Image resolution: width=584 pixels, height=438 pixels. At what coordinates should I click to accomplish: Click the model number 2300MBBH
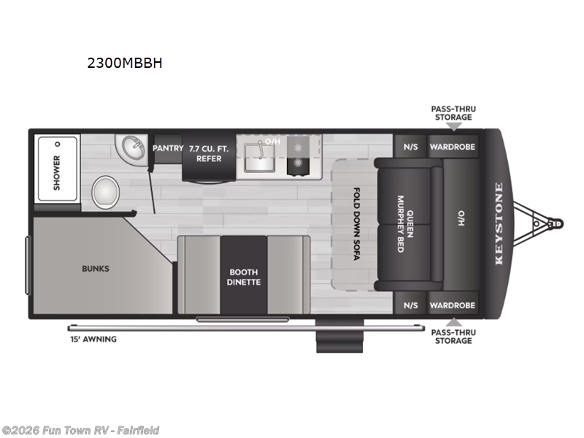tap(125, 63)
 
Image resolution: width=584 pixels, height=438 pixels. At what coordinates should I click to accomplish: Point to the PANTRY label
tap(167, 149)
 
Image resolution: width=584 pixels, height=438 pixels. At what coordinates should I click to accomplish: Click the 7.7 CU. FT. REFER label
tap(209, 153)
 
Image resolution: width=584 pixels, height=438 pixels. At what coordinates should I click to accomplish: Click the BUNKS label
tap(96, 269)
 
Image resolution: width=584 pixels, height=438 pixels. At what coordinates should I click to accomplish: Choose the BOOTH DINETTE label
tap(243, 277)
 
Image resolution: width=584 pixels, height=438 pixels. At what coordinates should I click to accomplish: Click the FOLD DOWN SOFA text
tap(356, 226)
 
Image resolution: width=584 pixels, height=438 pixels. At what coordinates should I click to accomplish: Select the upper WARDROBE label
tap(453, 147)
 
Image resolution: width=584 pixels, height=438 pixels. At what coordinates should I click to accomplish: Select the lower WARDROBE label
tap(453, 305)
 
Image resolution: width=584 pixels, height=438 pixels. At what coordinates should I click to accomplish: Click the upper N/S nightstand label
tap(410, 147)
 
